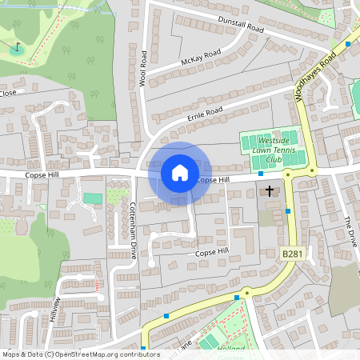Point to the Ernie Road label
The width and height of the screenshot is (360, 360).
pyautogui.click(x=203, y=117)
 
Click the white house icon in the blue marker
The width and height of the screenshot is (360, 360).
pyautogui.click(x=179, y=171)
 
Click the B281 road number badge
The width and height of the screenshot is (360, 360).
pyautogui.click(x=294, y=254)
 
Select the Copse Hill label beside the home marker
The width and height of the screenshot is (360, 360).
pyautogui.click(x=213, y=181)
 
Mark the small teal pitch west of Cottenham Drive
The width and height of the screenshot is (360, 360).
pyautogui.click(x=93, y=198)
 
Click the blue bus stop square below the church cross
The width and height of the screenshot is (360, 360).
pyautogui.click(x=288, y=211)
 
